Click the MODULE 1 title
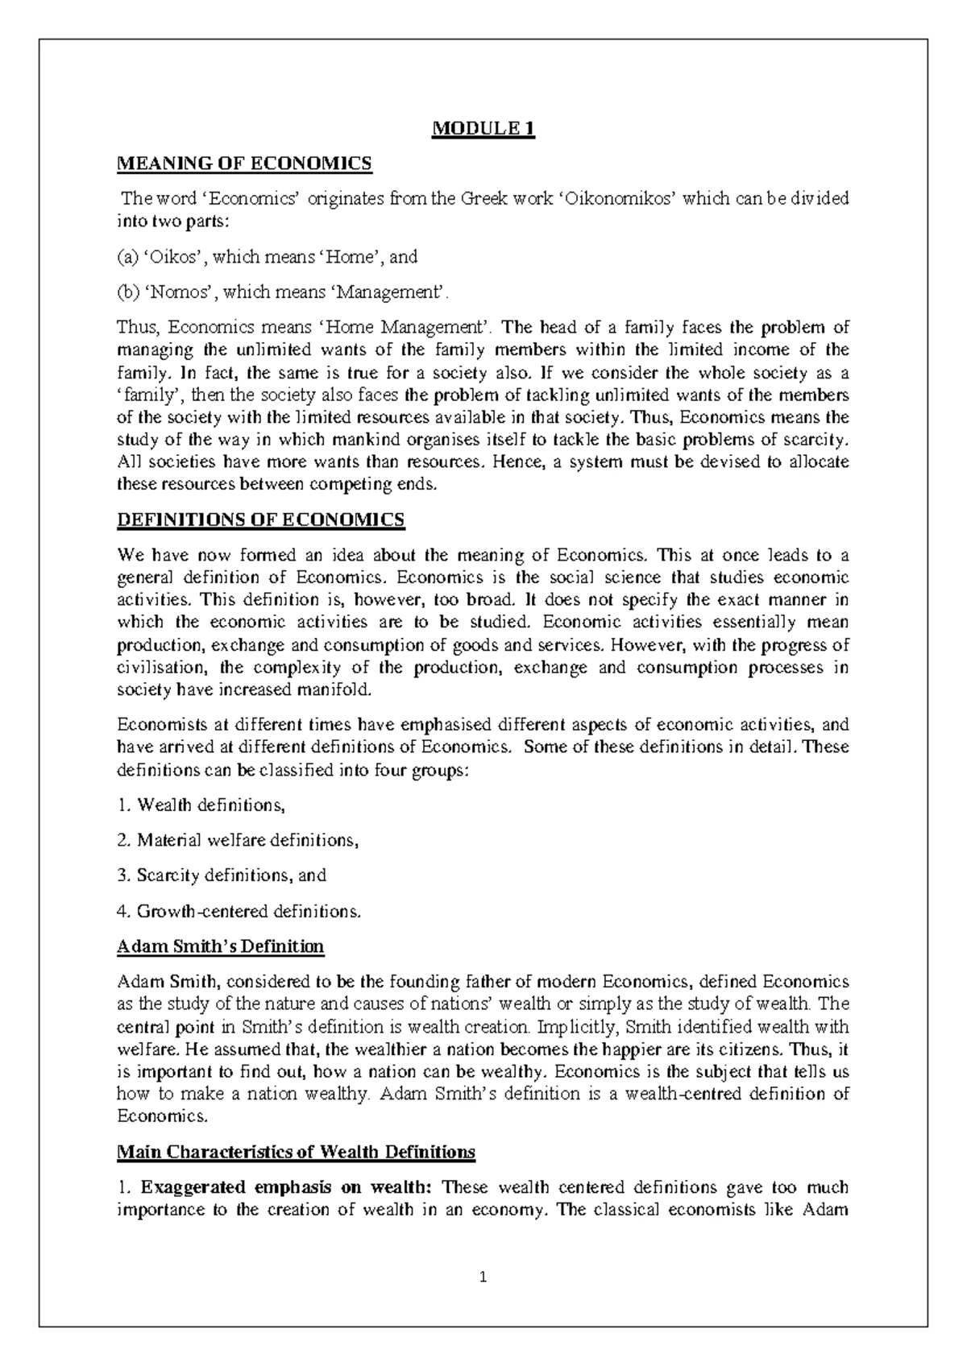coord(483,129)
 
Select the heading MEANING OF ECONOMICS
coord(245,164)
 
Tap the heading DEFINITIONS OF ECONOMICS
coord(261,520)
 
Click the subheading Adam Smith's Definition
coord(220,946)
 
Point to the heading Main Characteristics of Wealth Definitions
coord(296,1152)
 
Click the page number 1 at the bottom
coord(483,1277)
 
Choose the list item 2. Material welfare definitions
coord(237,840)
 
